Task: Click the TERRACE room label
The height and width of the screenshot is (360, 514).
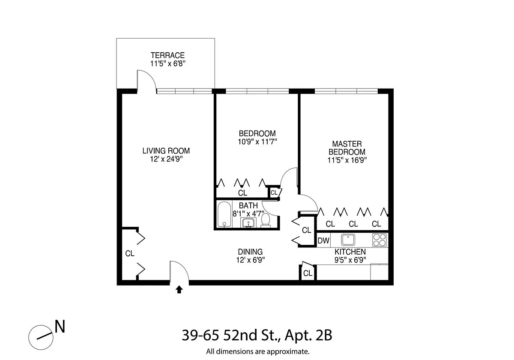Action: pyautogui.click(x=167, y=55)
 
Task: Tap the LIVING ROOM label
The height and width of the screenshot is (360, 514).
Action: pyautogui.click(x=166, y=151)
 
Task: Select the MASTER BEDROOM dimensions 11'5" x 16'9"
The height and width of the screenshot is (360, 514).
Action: pyautogui.click(x=347, y=160)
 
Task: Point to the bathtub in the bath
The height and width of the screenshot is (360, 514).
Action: pyautogui.click(x=224, y=215)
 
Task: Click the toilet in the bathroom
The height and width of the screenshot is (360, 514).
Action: pyautogui.click(x=266, y=220)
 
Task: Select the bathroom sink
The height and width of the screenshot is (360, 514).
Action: pyautogui.click(x=248, y=223)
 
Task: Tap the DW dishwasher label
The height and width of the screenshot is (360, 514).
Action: pyautogui.click(x=323, y=241)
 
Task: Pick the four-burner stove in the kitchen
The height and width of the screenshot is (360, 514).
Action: pyautogui.click(x=379, y=239)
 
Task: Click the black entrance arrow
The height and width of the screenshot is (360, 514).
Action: pyautogui.click(x=179, y=290)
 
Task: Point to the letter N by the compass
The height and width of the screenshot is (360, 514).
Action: pyautogui.click(x=60, y=327)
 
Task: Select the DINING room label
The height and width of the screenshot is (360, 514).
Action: pyautogui.click(x=250, y=252)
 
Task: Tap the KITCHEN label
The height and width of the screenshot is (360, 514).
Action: pyautogui.click(x=350, y=252)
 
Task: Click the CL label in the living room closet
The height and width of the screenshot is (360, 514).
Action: pyautogui.click(x=130, y=253)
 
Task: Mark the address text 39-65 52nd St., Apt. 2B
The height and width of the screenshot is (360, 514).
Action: pyautogui.click(x=257, y=335)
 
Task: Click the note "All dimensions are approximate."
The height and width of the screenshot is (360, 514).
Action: pyautogui.click(x=257, y=352)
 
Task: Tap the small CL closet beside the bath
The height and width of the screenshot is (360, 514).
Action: pyautogui.click(x=274, y=193)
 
